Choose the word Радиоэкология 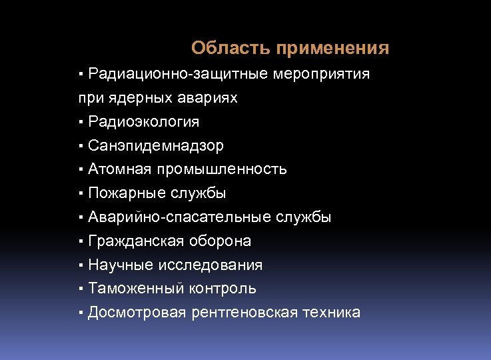point(143,122)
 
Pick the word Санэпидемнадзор point(155,146)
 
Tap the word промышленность point(223,169)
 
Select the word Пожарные point(125,193)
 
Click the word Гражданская point(133,241)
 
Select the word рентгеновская point(241,313)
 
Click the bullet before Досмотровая point(80,313)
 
